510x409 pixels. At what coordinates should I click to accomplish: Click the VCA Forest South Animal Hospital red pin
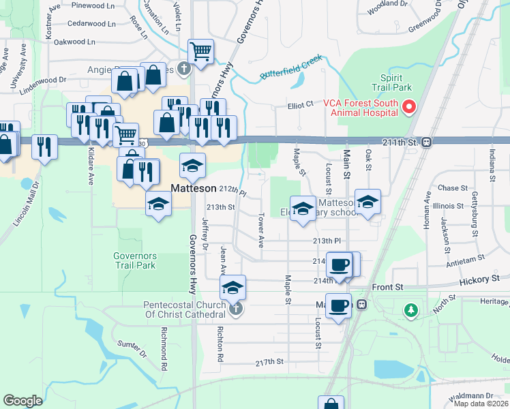point(410,107)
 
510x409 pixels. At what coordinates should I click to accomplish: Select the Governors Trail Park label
point(135,260)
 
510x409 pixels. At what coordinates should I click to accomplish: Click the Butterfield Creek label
point(290,66)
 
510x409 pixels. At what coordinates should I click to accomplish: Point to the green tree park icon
point(410,311)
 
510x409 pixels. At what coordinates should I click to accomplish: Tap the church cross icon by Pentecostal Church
point(235,309)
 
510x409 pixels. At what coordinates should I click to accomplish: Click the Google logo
point(22,401)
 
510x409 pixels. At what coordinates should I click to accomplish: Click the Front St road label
point(388,288)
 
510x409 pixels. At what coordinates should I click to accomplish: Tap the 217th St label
point(269,362)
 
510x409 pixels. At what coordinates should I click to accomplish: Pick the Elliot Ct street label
point(300,105)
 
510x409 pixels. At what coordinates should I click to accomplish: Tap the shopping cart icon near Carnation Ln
point(201,50)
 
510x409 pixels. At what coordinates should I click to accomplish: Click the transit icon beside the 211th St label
point(426,142)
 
